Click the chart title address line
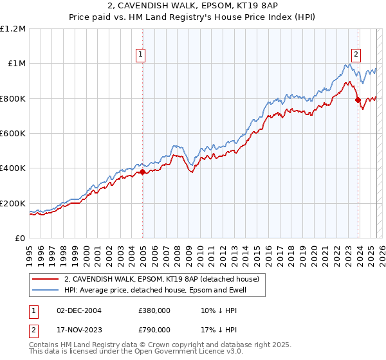(x=192, y=6)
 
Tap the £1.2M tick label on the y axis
(x=12, y=29)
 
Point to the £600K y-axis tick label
(x=12, y=134)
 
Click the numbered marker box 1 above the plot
(x=140, y=55)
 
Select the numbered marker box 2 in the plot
(x=356, y=55)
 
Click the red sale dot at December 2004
(x=142, y=172)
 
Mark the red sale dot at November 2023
(x=358, y=100)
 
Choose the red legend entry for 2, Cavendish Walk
(x=161, y=279)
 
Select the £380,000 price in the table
(x=154, y=310)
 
